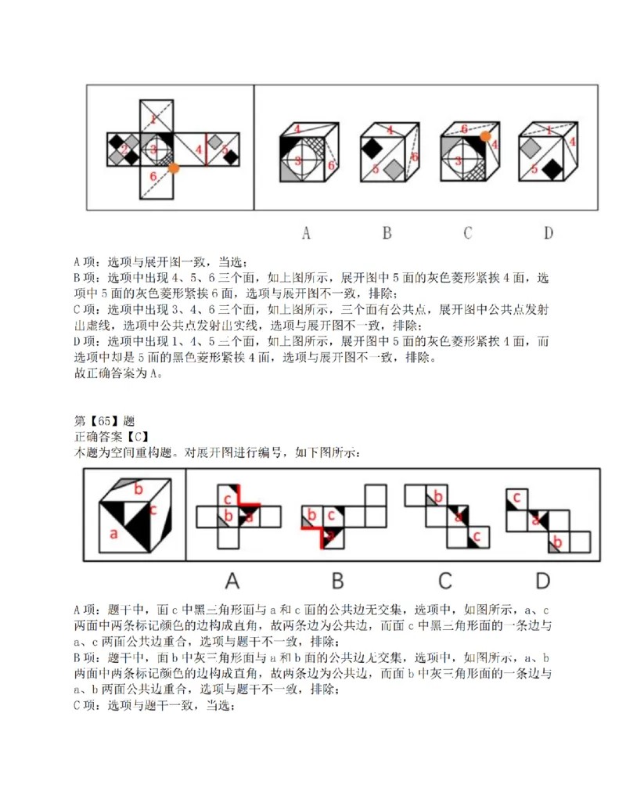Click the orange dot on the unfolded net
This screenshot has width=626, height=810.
pyautogui.click(x=174, y=167)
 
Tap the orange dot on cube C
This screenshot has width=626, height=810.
pyautogui.click(x=485, y=136)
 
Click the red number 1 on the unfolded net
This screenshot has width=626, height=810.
pyautogui.click(x=153, y=119)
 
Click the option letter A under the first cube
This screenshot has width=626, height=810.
pyautogui.click(x=306, y=232)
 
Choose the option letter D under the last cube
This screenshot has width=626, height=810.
pyautogui.click(x=548, y=232)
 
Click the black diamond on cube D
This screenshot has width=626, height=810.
pyautogui.click(x=552, y=167)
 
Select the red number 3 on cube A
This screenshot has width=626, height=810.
pyautogui.click(x=297, y=160)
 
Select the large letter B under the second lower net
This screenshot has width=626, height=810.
pyautogui.click(x=338, y=580)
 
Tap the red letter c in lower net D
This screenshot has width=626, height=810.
pyautogui.click(x=516, y=496)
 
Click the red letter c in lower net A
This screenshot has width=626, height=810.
pyautogui.click(x=228, y=499)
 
